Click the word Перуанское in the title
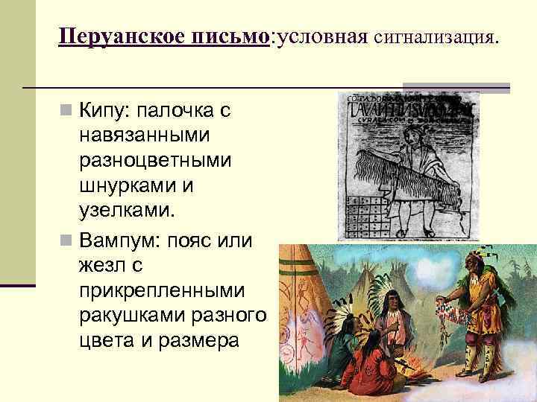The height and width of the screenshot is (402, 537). pos(120,36)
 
